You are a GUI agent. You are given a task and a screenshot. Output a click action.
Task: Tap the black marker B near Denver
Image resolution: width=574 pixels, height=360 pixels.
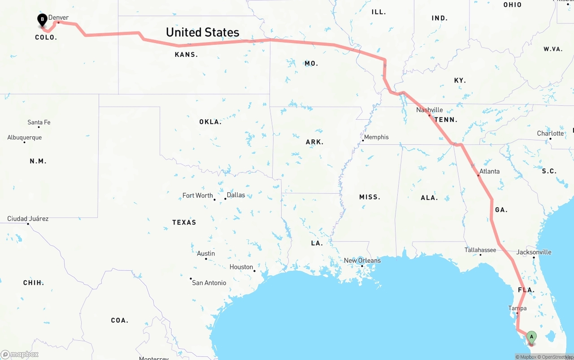42,20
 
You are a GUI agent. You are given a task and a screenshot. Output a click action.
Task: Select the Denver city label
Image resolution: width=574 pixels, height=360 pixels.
59,17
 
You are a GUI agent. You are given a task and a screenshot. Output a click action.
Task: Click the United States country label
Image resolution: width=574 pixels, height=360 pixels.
203,32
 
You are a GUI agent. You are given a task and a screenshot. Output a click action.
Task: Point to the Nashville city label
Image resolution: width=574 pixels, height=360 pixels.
429,110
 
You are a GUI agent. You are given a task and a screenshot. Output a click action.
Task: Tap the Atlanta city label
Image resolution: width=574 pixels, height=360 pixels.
489,171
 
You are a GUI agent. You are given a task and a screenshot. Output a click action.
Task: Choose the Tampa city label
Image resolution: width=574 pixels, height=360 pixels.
517,308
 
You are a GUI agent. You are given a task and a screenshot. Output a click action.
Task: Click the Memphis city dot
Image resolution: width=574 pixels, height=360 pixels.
363,141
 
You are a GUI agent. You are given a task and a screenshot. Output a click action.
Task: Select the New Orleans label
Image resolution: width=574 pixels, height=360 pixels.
362,260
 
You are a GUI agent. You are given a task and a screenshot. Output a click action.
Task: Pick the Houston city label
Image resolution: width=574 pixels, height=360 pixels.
241,267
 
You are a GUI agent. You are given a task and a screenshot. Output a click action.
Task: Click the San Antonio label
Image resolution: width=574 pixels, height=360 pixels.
209,283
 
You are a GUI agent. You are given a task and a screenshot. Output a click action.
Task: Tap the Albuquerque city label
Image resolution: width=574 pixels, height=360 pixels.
25,138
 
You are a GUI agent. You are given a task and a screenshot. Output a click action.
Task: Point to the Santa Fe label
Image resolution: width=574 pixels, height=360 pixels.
39,122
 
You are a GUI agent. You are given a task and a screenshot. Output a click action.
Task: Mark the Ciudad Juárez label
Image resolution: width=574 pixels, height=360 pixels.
28,219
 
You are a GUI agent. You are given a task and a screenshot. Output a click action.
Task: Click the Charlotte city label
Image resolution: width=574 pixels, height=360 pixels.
550,134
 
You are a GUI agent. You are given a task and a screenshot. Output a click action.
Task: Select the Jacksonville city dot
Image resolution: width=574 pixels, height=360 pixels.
534,257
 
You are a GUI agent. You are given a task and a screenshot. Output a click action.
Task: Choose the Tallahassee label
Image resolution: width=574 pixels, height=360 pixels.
480,250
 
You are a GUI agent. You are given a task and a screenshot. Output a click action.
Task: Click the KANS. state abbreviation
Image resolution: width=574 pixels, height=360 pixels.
186,55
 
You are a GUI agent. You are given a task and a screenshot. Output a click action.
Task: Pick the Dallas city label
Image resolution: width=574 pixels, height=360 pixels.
236,195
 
